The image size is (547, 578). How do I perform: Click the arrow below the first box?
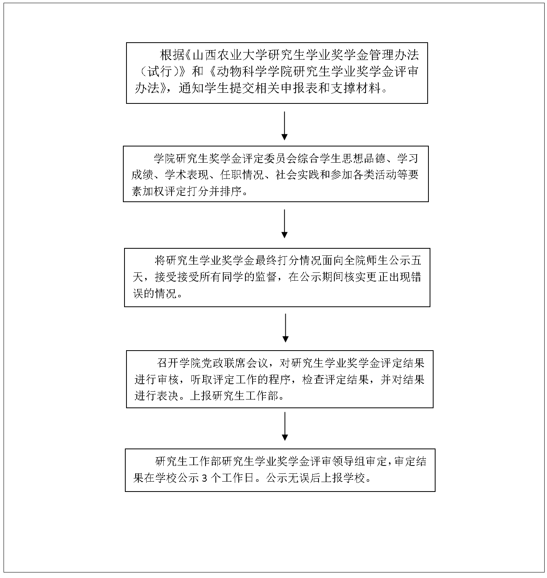(x=285, y=126)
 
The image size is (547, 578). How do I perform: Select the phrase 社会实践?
(x=297, y=175)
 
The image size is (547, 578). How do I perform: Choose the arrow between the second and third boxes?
(x=285, y=224)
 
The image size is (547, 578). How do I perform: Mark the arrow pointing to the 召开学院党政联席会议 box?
(x=285, y=328)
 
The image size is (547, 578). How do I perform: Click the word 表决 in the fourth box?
(x=168, y=396)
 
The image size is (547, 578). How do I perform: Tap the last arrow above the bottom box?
(x=285, y=426)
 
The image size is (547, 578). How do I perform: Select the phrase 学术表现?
(x=187, y=175)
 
